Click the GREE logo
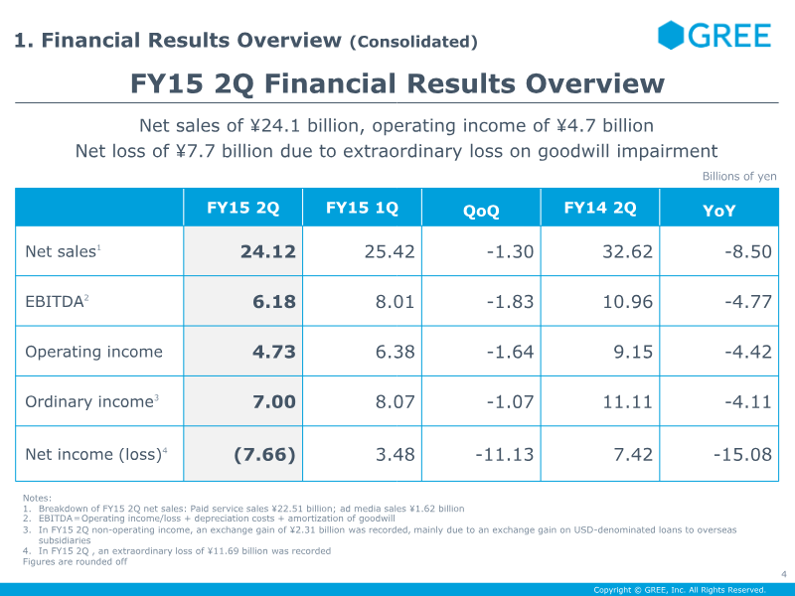pyautogui.click(x=714, y=36)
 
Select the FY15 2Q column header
pyautogui.click(x=242, y=209)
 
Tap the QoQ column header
pyautogui.click(x=481, y=211)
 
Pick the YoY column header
pyautogui.click(x=719, y=211)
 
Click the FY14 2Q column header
pyautogui.click(x=599, y=209)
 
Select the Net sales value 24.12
pyautogui.click(x=268, y=252)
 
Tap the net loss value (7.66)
pyautogui.click(x=264, y=454)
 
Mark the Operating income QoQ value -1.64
pyautogui.click(x=510, y=352)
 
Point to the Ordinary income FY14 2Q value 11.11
pyautogui.click(x=628, y=401)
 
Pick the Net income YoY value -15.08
pyautogui.click(x=742, y=454)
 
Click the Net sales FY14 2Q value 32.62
pyautogui.click(x=628, y=252)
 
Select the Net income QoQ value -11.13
pyautogui.click(x=504, y=454)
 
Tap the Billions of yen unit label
pyautogui.click(x=739, y=177)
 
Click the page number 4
pyautogui.click(x=783, y=573)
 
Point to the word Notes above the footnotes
pyautogui.click(x=37, y=498)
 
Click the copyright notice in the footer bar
pyautogui.click(x=680, y=589)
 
